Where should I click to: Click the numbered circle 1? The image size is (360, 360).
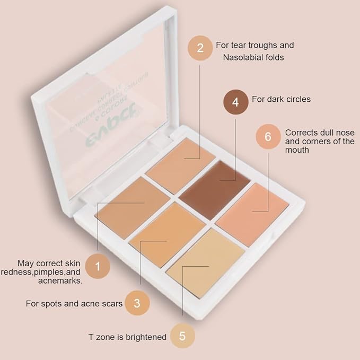[98, 266]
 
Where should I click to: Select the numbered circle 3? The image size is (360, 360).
[137, 303]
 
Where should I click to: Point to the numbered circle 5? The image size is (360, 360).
[182, 336]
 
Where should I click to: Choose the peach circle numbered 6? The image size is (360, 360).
[268, 137]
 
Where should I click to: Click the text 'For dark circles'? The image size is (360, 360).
[281, 99]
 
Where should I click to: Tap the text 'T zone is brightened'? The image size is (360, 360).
[127, 337]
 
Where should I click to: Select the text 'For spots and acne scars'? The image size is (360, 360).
[74, 304]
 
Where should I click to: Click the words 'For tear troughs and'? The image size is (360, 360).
[254, 45]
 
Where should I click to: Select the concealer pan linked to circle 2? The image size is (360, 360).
[180, 159]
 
